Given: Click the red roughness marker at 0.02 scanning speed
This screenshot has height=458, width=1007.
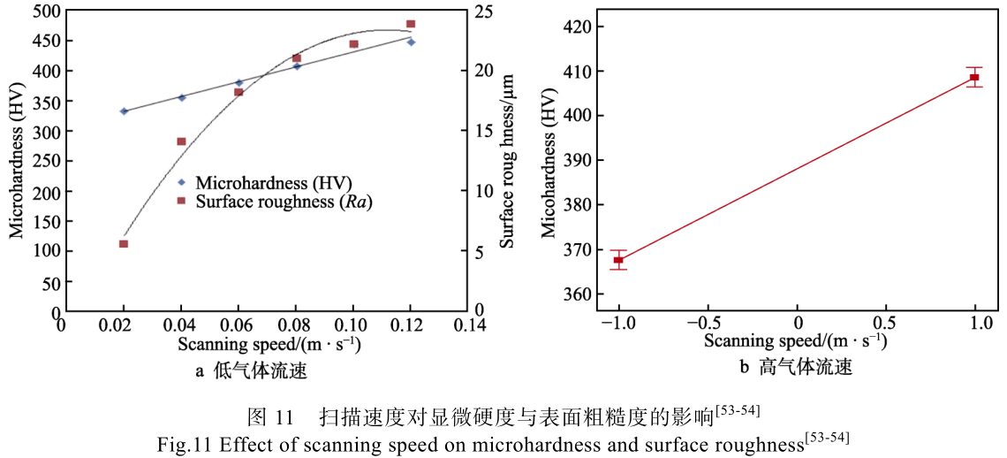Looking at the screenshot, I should coord(124,244).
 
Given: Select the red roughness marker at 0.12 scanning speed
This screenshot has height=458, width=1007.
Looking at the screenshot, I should coord(411,24).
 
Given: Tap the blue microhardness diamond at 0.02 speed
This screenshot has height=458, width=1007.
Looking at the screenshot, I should coord(124,111).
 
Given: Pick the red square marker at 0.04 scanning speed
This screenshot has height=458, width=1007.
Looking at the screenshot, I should coord(181,141).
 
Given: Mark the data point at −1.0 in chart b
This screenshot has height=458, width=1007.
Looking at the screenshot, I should coord(618,260).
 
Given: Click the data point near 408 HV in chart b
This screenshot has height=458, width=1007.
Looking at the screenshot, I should coord(973,78).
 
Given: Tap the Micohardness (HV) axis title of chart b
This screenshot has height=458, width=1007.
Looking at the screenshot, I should coord(549,159).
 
